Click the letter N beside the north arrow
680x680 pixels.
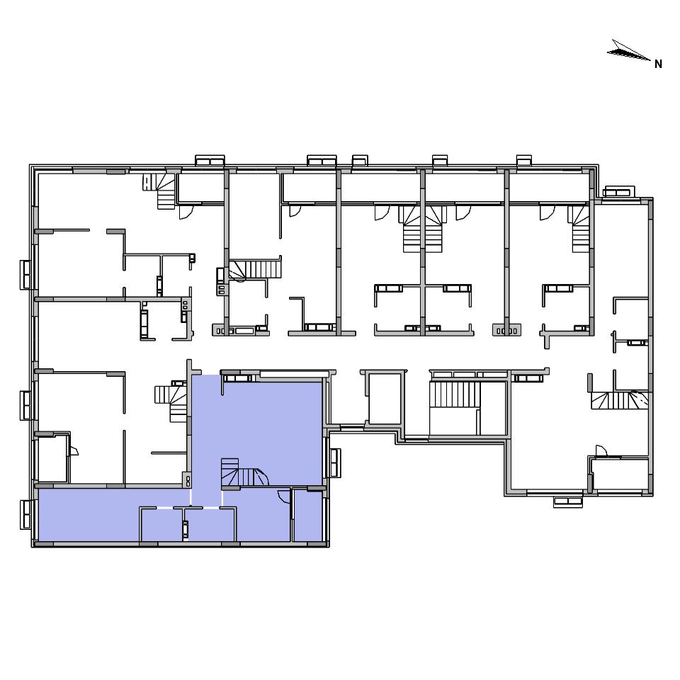(x=658, y=64)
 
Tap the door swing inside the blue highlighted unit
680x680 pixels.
(x=283, y=496)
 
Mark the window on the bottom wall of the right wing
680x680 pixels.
(x=567, y=501)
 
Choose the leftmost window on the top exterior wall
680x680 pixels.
(x=210, y=161)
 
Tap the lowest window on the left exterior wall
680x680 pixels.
(x=26, y=514)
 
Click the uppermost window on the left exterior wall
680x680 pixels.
(x=26, y=275)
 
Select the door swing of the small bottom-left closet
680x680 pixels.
(x=74, y=450)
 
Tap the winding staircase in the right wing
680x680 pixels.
(x=620, y=399)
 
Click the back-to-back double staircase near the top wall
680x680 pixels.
(x=422, y=229)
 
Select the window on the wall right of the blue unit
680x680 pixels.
(x=335, y=463)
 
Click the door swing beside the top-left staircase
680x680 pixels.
(x=186, y=211)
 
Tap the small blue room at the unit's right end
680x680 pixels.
(x=308, y=516)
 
